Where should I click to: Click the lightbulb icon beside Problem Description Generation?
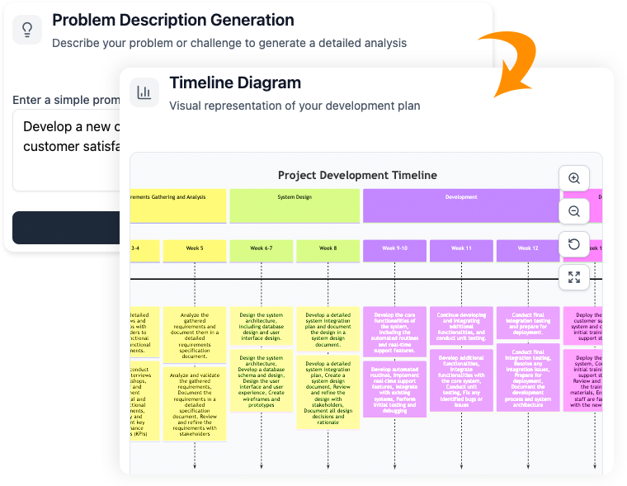click(x=27, y=30)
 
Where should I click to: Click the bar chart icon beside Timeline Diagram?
click(x=144, y=92)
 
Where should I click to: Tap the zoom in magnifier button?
click(x=574, y=178)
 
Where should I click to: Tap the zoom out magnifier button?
click(x=574, y=211)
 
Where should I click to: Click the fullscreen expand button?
click(x=574, y=277)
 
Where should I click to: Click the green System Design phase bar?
click(x=295, y=205)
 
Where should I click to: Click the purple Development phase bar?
click(x=461, y=205)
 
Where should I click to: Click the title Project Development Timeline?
click(x=357, y=175)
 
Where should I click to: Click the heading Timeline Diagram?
click(x=235, y=83)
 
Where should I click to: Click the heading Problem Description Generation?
click(x=172, y=20)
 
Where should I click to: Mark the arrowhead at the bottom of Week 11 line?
click(x=461, y=468)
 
